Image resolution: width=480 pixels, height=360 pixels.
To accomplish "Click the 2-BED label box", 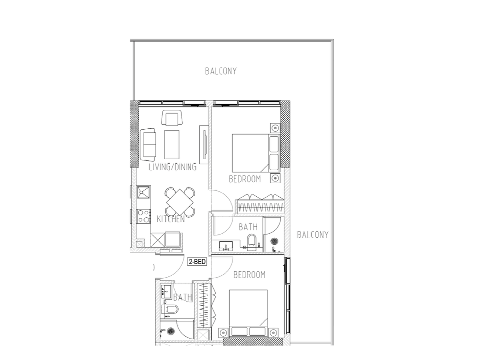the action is [197, 262].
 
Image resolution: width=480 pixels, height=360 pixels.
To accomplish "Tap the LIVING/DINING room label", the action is [172, 167].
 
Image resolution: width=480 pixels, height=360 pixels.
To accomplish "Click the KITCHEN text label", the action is [171, 219].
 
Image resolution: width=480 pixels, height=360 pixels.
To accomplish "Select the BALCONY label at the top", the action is [221, 71].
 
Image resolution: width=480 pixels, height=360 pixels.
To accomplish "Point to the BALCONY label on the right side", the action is [313, 235].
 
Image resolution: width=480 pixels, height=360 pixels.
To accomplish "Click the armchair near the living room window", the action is [172, 117].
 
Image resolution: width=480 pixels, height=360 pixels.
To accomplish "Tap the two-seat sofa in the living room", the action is [148, 145].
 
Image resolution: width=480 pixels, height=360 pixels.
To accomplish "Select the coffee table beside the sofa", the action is [172, 145].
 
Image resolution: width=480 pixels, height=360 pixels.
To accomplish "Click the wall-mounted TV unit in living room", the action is [204, 145].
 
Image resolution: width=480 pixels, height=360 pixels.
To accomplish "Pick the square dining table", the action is [180, 202].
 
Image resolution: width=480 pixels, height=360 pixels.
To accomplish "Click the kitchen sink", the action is [143, 192].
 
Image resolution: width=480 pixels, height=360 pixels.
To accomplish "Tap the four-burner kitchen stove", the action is [143, 216].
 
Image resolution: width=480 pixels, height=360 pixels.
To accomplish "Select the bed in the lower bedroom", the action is [248, 313].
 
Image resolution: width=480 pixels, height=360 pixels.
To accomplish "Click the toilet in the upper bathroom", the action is [252, 242].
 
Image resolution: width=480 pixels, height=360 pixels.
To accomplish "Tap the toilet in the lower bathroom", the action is [170, 309].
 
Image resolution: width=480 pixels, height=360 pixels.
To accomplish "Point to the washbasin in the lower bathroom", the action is [166, 291].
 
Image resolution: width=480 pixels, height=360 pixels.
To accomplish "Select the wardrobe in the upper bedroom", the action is [260, 204].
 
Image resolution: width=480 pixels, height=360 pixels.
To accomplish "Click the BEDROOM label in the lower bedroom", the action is [249, 275].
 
